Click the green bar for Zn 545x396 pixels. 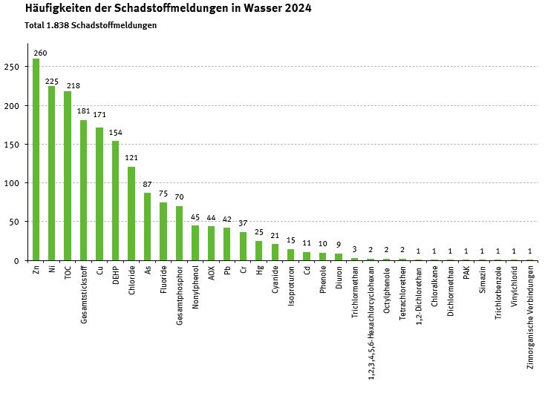(x=36, y=159)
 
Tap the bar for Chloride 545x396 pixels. (x=131, y=214)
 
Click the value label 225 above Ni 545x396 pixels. (x=52, y=82)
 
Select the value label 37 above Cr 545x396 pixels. (x=243, y=223)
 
